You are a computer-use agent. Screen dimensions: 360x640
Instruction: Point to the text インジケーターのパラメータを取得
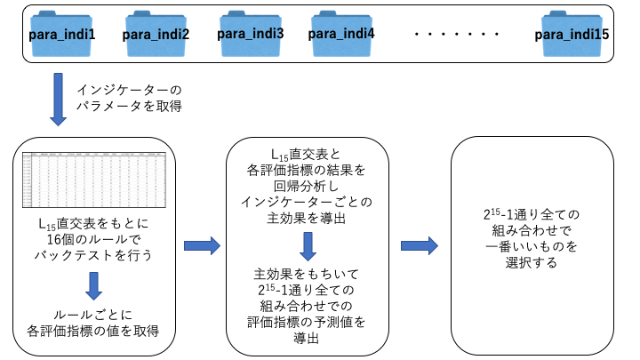[x=130, y=98]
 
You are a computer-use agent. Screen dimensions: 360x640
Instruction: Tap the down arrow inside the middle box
[x=305, y=244]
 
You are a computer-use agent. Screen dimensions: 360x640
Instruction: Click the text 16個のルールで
[x=93, y=239]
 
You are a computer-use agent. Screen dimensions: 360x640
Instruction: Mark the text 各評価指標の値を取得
[x=93, y=332]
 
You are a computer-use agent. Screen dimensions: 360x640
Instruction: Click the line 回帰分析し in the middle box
[x=307, y=186]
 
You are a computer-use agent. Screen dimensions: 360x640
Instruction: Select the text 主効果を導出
[x=307, y=218]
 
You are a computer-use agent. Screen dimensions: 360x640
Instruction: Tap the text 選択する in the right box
[x=534, y=262]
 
